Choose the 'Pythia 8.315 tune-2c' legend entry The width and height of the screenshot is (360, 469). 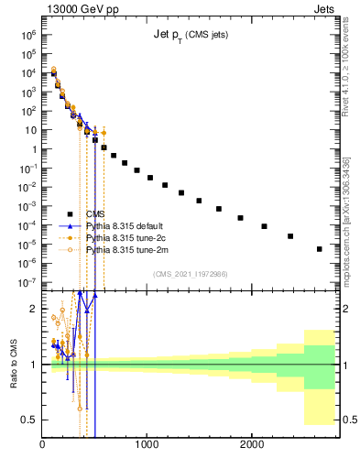coord(127,237)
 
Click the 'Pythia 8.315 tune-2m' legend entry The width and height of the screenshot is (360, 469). coord(127,249)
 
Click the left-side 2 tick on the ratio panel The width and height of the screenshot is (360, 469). coord(33,309)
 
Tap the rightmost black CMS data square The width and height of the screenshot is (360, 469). coord(319,248)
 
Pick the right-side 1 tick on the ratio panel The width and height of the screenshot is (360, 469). coord(345,365)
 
